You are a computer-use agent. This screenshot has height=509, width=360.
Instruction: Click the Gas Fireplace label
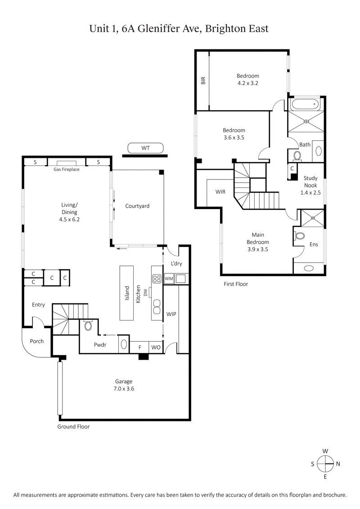tap(66, 170)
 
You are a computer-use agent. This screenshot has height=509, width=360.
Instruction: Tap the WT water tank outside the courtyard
tap(145, 147)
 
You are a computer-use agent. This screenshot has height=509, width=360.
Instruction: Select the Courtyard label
tap(137, 206)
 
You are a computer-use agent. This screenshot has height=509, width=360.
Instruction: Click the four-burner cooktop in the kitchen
tap(157, 278)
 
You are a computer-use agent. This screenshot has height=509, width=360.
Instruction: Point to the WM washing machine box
tap(169, 279)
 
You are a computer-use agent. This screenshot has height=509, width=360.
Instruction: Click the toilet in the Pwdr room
tap(88, 326)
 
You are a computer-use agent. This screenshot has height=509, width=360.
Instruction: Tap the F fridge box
tap(140, 348)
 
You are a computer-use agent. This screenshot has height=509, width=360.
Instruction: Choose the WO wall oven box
tap(155, 348)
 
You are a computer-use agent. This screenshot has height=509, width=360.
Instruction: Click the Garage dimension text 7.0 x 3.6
tap(123, 388)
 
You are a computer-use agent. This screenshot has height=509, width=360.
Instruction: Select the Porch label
tap(37, 341)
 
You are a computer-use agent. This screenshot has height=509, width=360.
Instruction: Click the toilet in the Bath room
tap(297, 156)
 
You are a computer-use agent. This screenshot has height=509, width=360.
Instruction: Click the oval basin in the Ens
tap(309, 268)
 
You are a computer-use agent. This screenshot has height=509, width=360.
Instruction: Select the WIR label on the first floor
tap(220, 192)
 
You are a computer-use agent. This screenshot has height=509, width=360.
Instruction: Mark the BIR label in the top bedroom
tap(203, 80)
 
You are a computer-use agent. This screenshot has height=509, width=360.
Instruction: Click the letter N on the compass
tap(338, 464)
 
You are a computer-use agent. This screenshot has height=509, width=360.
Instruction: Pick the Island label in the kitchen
tap(127, 293)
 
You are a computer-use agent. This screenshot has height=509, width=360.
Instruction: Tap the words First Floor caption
tap(236, 284)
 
